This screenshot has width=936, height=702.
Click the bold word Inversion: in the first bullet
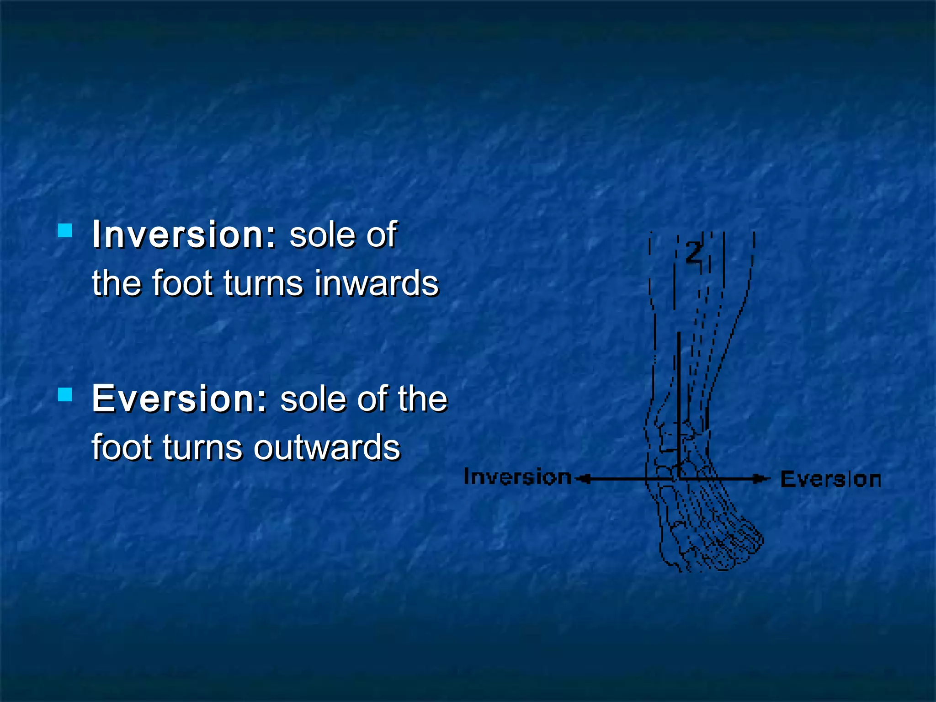pos(184,235)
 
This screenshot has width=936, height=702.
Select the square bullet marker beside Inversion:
pos(65,230)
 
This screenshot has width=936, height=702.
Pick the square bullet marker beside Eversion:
pos(65,394)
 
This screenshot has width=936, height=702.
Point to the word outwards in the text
pos(327,447)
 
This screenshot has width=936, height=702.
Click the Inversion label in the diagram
pos(517,477)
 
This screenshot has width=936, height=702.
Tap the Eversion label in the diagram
pos(830,480)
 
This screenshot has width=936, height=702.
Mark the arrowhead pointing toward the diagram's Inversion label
pos(583,479)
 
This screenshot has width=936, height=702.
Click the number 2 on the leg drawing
pos(694,253)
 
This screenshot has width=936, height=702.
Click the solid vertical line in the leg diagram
pos(679,402)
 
